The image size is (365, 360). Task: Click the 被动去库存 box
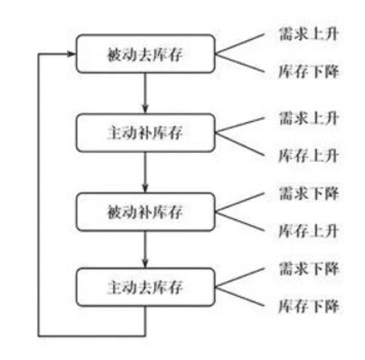coord(146,54)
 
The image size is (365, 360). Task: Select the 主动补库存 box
coord(146,133)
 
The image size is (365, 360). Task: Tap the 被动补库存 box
coord(146,212)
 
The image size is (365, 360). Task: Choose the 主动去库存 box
coord(146,287)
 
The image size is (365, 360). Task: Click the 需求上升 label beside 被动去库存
coord(309,34)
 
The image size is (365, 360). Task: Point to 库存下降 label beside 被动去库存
coord(309,72)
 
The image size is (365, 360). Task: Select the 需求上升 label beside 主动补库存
coord(309,118)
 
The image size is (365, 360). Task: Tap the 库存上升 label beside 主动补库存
coord(309,155)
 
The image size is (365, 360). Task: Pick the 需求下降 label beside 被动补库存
coord(309,193)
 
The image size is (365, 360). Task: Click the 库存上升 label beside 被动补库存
coord(309,231)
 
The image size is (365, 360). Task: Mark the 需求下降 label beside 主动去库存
coord(309,268)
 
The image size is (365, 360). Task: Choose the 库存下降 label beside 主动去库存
coord(309,306)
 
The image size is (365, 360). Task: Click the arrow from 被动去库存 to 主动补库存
coord(145,93)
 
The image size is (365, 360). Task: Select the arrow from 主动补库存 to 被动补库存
coord(145,173)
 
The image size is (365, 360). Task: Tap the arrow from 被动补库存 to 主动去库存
coord(145,250)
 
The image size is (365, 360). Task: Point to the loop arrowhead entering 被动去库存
coord(71,54)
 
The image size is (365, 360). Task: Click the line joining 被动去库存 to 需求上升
coord(240,43)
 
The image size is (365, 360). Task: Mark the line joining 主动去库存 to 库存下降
coord(240,296)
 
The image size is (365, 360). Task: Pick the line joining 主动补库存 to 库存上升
coord(240,144)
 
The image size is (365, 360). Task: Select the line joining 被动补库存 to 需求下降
coord(240,202)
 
